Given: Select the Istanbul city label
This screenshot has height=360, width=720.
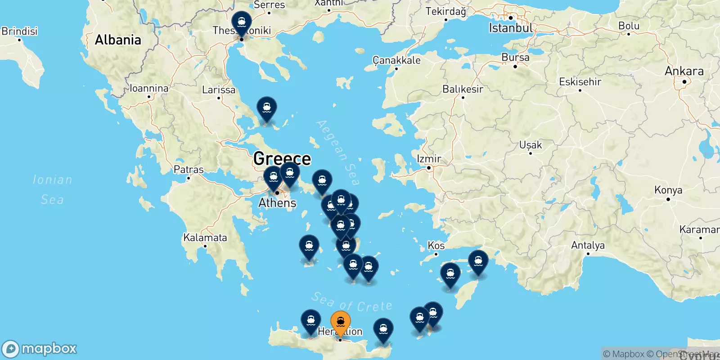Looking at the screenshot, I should pyautogui.click(x=511, y=28).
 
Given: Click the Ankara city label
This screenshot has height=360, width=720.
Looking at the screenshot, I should pyautogui.click(x=684, y=71).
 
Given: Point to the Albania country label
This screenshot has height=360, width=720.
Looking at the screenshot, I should pyautogui.click(x=118, y=40).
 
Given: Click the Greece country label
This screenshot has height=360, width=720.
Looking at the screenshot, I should pyautogui.click(x=282, y=158).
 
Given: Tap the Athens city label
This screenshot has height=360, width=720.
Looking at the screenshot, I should pyautogui.click(x=277, y=203).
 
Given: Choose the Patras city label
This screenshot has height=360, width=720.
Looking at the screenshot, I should pyautogui.click(x=189, y=170).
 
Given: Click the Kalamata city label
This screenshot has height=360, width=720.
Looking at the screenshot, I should pyautogui.click(x=205, y=238).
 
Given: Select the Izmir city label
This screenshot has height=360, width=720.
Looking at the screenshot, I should pyautogui.click(x=429, y=159).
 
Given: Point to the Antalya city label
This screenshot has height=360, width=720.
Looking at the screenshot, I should pyautogui.click(x=588, y=246).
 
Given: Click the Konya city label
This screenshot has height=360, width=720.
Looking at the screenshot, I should pyautogui.click(x=668, y=190).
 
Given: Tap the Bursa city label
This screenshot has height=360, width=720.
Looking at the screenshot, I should pyautogui.click(x=515, y=58).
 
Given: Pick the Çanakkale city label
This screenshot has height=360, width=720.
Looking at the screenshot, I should pyautogui.click(x=396, y=60).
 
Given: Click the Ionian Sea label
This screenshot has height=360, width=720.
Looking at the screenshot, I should pyautogui.click(x=52, y=189).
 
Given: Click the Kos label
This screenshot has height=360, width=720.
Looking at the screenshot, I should pyautogui.click(x=436, y=246).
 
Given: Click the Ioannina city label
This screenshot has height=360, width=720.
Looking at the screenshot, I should pyautogui.click(x=149, y=88).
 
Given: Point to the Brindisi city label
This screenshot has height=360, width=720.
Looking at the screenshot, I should pyautogui.click(x=19, y=31).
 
